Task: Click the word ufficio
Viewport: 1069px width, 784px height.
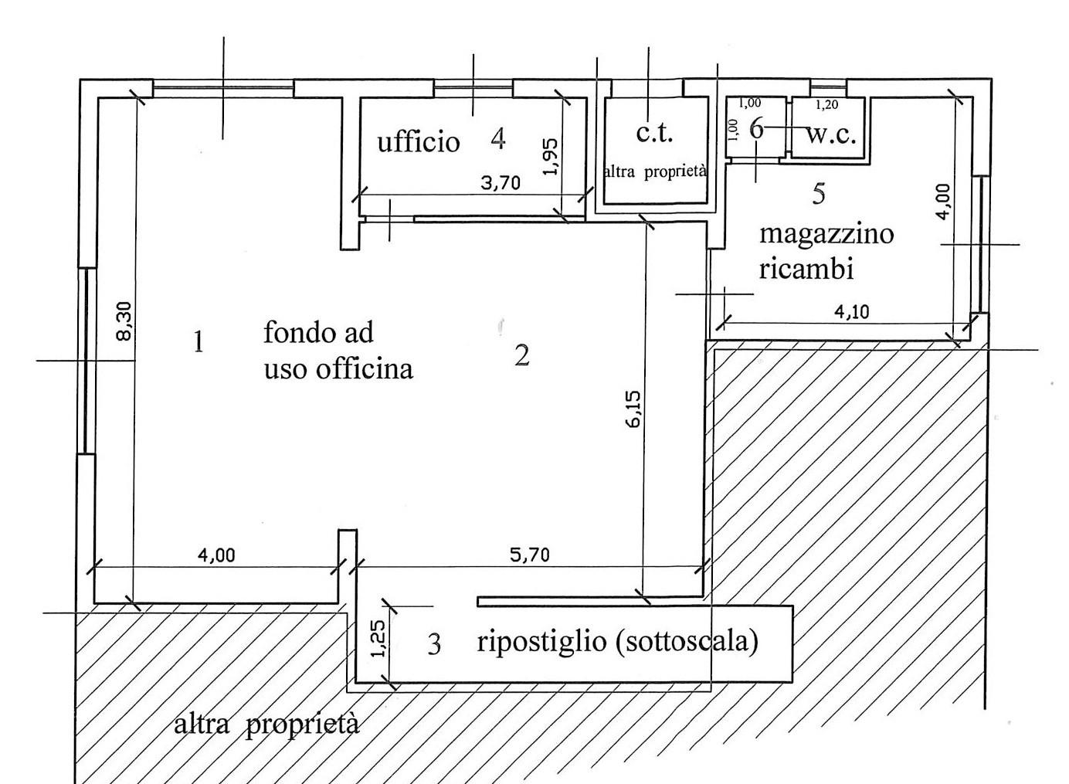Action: coord(418,142)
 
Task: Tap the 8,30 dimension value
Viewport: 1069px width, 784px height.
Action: coord(124,321)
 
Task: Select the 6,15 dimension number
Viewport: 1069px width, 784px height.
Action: coord(634,409)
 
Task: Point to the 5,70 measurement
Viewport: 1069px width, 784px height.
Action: coord(530,555)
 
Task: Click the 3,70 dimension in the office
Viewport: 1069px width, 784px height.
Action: coord(501,183)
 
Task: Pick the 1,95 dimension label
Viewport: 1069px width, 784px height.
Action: coord(551,157)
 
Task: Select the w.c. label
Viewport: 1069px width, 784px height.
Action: coord(831,135)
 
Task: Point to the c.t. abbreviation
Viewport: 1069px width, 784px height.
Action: coord(654,133)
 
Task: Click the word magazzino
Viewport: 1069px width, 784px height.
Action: coord(826,235)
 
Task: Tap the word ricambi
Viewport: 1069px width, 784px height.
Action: coord(806,269)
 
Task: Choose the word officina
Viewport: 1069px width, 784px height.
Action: coord(365,369)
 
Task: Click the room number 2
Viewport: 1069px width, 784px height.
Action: coord(521,356)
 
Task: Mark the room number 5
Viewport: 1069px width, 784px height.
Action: coord(819,194)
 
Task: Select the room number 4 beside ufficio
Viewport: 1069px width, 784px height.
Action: coord(497,139)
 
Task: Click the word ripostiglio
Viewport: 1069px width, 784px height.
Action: coord(541,641)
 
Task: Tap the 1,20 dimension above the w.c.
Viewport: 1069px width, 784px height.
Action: coord(826,105)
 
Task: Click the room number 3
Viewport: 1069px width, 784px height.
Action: coord(434,645)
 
